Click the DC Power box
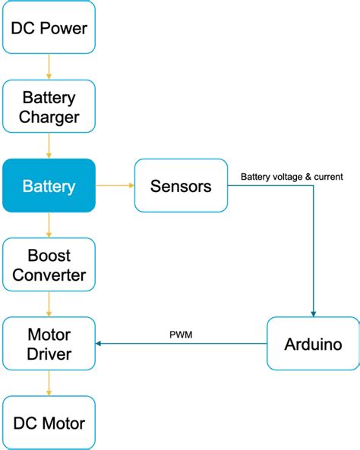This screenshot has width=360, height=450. [49, 27]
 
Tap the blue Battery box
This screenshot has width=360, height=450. [49, 185]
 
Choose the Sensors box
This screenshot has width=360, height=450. [181, 185]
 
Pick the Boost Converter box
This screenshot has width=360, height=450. [49, 264]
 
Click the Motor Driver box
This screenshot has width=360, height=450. [49, 344]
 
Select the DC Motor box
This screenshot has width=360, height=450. [49, 423]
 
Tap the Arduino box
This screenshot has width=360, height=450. [312, 344]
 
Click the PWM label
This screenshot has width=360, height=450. [181, 334]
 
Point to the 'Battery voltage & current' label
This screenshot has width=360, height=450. [292, 177]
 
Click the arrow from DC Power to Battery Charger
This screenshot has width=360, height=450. [49, 67]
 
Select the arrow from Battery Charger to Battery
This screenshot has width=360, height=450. [49, 146]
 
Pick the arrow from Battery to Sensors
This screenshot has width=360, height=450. [115, 185]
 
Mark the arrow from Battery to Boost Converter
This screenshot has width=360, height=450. [49, 225]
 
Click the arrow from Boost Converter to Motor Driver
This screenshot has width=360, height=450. [49, 304]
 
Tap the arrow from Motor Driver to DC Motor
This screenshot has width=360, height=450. [49, 383]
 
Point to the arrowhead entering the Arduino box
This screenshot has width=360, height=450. [312, 313]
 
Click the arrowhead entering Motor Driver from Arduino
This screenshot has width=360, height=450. [99, 344]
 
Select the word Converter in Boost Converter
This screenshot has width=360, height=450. [49, 275]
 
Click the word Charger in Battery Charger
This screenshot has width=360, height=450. [49, 118]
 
